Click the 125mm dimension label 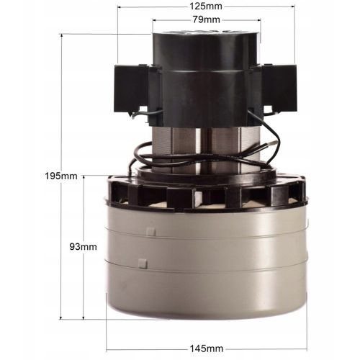206,6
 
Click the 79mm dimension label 207,19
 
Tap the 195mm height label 61,176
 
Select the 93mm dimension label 83,247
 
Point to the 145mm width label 207,348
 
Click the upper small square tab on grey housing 151,232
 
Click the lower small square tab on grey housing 143,264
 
